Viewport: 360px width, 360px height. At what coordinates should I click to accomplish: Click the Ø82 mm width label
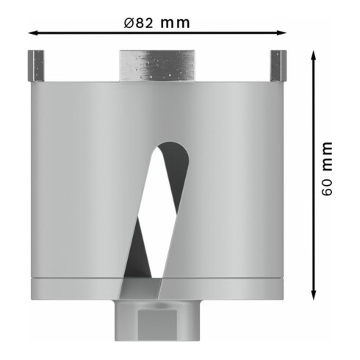coord(156,22)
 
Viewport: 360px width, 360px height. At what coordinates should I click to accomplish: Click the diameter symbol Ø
coord(128,22)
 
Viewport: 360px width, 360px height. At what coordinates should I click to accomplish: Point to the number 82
coord(144,22)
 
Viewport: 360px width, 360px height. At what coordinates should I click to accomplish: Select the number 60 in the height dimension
coord(327,187)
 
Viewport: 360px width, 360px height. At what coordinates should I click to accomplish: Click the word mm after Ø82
coord(176,22)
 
